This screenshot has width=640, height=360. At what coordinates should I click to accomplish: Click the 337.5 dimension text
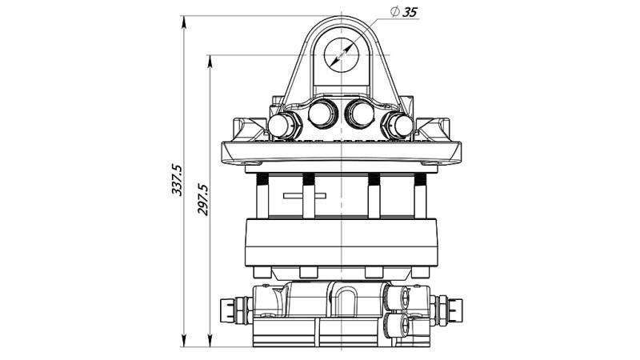click(178, 180)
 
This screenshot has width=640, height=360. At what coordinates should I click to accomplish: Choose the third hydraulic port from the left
click(359, 114)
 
